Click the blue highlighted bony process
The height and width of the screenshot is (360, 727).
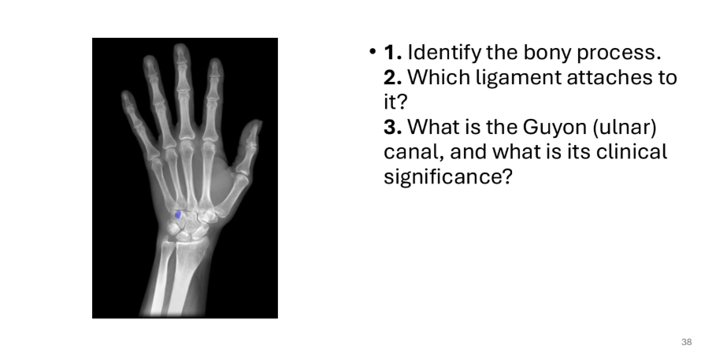click(x=177, y=214)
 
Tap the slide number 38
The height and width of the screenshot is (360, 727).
click(x=687, y=343)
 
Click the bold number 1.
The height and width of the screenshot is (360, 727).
click(x=392, y=53)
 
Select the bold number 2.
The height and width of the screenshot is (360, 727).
click(x=393, y=77)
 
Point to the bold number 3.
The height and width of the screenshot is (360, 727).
click(x=393, y=127)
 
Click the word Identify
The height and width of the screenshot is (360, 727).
click(x=444, y=54)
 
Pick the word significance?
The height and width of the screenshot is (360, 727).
click(x=447, y=177)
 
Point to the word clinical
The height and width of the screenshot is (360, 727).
click(x=632, y=152)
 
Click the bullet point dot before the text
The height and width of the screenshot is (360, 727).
click(x=373, y=51)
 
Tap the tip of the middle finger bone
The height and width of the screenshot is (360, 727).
click(x=182, y=46)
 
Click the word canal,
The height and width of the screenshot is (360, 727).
click(x=414, y=153)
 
